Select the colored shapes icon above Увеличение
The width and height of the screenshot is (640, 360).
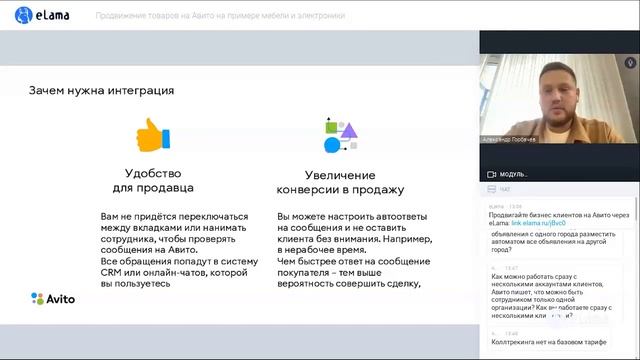(x=340, y=134)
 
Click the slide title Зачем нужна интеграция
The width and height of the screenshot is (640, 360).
(x=101, y=90)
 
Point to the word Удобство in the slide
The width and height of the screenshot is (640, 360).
(x=153, y=171)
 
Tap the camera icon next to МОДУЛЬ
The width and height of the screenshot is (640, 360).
(x=491, y=173)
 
